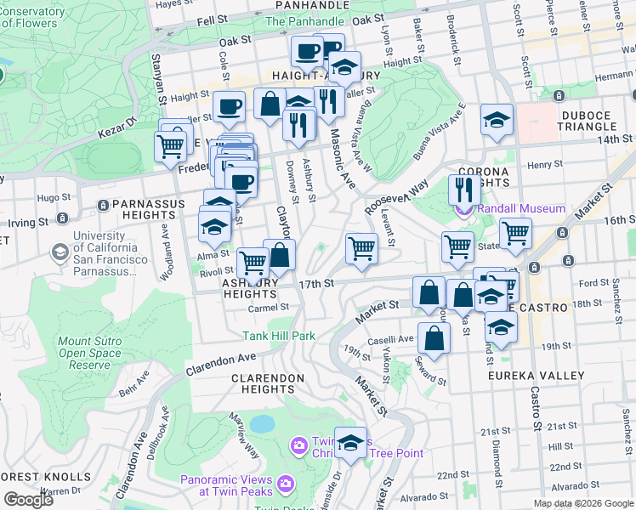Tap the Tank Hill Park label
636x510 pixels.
point(279,336)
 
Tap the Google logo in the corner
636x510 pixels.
point(27,499)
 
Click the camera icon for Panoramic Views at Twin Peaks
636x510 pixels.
point(285,483)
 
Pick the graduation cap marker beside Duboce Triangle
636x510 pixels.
point(497,121)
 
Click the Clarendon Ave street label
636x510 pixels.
point(221,366)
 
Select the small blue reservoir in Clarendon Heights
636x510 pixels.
point(262,422)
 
